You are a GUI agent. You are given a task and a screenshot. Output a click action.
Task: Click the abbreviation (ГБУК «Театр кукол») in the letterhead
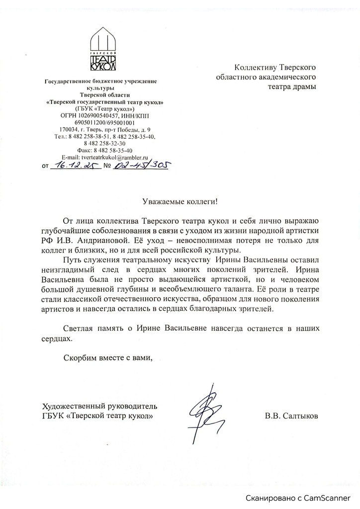coord(104,109)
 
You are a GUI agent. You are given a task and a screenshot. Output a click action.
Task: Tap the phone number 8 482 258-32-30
coord(104,143)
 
